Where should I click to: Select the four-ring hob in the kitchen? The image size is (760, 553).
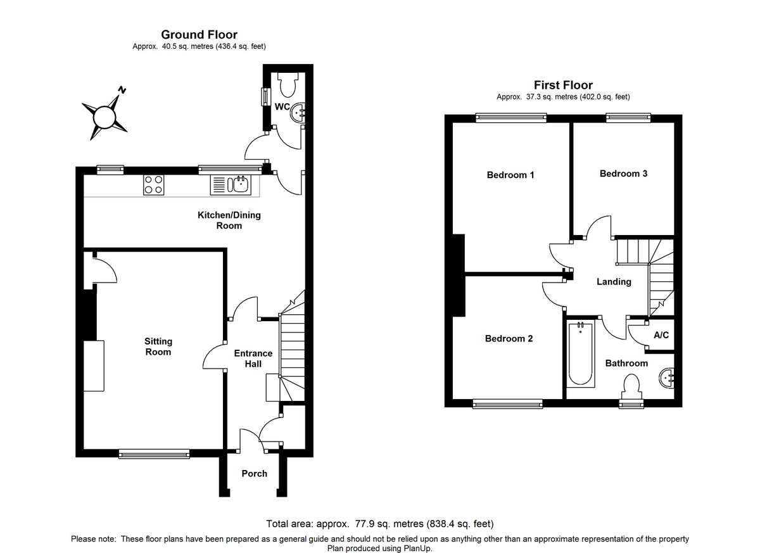click(153, 184)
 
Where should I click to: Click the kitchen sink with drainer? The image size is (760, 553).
click(231, 184)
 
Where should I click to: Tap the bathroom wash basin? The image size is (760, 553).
click(667, 378)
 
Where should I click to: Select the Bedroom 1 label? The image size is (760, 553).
click(510, 175)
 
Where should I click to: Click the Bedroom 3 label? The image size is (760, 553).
click(623, 174)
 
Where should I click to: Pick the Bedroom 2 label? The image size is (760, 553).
click(509, 338)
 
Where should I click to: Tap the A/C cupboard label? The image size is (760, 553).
click(661, 334)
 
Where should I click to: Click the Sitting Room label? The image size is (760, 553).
click(158, 346)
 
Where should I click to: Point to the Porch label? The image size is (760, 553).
click(255, 473)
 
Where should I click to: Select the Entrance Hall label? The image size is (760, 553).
click(253, 359)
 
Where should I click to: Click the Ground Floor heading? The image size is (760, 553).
click(199, 34)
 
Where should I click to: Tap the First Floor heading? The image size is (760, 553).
click(563, 85)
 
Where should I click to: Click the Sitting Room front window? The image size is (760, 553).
click(154, 453)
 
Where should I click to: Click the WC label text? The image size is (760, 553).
click(281, 106)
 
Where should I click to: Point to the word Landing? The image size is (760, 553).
click(614, 281)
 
